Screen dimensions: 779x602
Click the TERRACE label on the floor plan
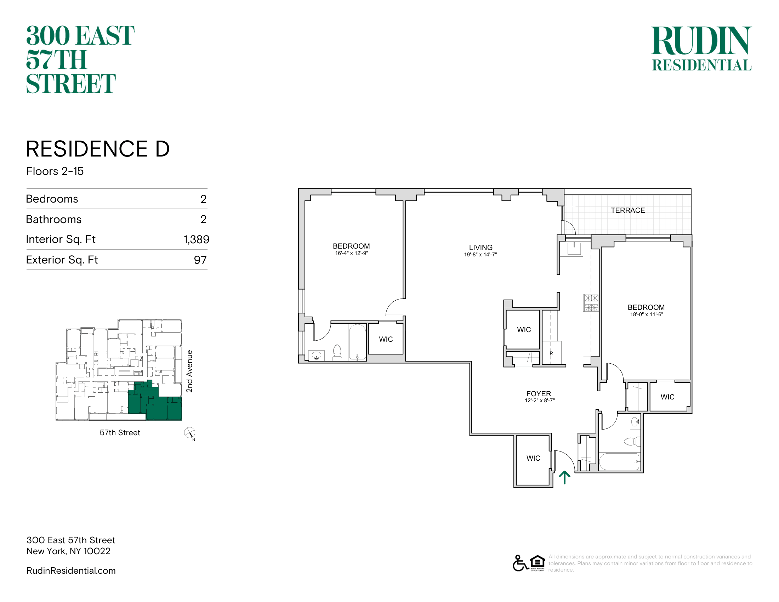click(x=628, y=210)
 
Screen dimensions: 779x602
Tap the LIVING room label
click(x=481, y=247)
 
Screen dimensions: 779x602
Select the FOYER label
click(x=539, y=394)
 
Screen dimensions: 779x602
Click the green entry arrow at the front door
click(x=564, y=477)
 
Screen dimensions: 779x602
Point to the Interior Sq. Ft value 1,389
click(x=197, y=239)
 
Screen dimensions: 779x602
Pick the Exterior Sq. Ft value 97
click(x=200, y=260)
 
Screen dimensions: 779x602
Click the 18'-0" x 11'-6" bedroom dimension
click(x=646, y=314)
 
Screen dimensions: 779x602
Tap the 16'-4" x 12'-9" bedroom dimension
click(x=351, y=253)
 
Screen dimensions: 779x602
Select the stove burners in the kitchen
click(x=591, y=303)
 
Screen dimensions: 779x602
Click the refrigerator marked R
click(x=551, y=353)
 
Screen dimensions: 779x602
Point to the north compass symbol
click(x=190, y=433)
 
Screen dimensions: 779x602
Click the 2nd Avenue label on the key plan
click(x=189, y=371)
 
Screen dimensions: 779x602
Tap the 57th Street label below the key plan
click(x=120, y=433)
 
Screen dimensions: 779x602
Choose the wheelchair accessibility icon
click(x=521, y=563)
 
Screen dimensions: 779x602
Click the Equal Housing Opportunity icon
click(x=538, y=563)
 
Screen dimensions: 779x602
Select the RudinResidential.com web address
click(x=71, y=570)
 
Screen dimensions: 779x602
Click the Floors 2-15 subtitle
click(x=55, y=171)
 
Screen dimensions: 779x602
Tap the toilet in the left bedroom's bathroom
click(x=337, y=352)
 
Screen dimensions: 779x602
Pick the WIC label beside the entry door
click(x=533, y=458)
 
